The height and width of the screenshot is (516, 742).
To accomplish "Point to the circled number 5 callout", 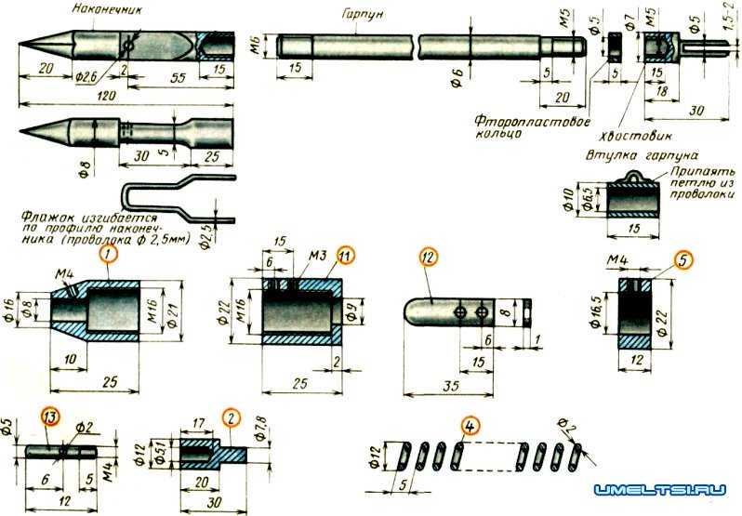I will click(683, 262).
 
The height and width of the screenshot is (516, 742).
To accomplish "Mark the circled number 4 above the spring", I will click(470, 429).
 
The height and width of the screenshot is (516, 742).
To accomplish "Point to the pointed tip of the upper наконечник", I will click(21, 45).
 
